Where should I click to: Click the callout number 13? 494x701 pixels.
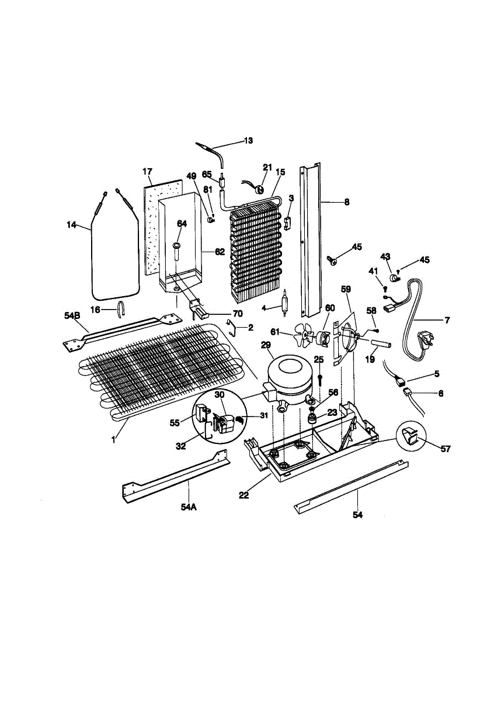tap(248, 140)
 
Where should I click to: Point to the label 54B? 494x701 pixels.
tap(71, 315)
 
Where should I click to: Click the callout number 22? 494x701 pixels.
tap(244, 495)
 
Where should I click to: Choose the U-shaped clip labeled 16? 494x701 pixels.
tap(121, 307)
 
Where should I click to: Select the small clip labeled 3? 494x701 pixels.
tap(287, 223)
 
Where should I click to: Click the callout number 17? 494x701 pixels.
tap(147, 171)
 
